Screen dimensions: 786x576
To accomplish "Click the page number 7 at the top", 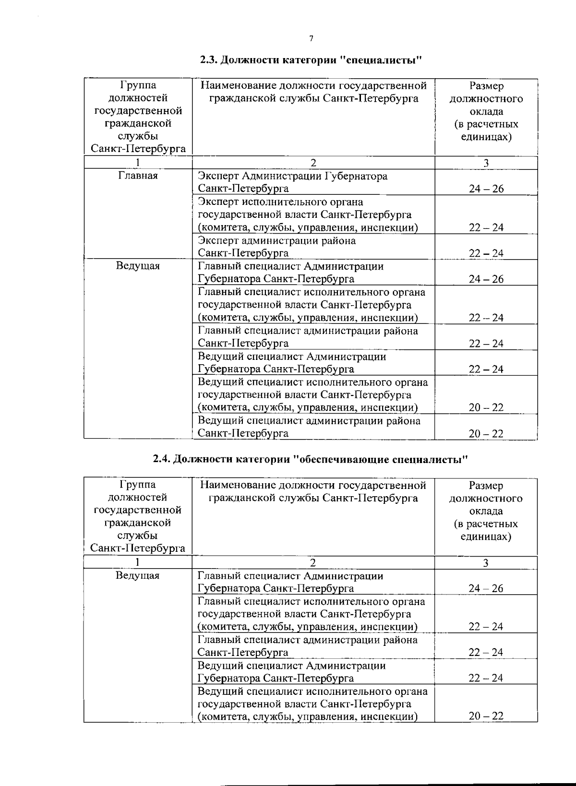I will (x=311, y=39).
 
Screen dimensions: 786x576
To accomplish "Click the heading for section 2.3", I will (x=311, y=60).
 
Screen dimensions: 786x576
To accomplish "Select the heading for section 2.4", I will (x=310, y=459).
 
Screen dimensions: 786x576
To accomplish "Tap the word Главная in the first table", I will (x=138, y=176).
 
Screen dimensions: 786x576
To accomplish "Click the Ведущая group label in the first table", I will (x=138, y=266).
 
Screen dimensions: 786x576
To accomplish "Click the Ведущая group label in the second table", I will (x=138, y=575).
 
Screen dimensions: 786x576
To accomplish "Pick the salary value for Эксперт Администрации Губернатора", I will (x=486, y=189).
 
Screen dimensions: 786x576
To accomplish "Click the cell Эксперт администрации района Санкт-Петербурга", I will (x=277, y=247).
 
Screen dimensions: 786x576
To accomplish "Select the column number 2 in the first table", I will (x=313, y=163).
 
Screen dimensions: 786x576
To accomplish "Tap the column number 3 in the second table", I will (x=485, y=562).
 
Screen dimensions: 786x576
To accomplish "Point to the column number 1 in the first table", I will (x=138, y=163).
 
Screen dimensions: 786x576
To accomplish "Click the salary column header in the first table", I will (x=486, y=111).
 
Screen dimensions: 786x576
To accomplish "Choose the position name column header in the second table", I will (x=313, y=491).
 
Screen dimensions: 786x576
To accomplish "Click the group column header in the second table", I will (x=138, y=516).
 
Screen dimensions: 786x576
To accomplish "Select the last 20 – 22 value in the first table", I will (x=486, y=433).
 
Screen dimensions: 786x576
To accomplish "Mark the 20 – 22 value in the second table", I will (x=486, y=716).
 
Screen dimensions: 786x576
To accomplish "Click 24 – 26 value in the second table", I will (x=486, y=588).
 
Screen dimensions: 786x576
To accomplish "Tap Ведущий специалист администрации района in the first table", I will (x=309, y=427).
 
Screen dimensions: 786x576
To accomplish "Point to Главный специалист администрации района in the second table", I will (x=307, y=646).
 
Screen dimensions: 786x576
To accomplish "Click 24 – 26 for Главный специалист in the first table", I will (x=486, y=279).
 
